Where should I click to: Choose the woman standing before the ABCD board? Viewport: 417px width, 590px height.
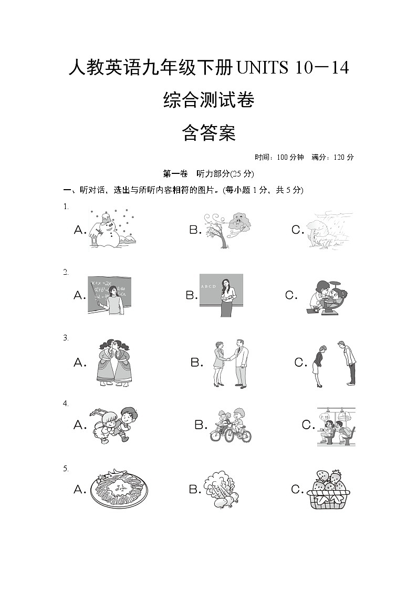221,295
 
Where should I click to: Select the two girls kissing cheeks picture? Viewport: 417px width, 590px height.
113,363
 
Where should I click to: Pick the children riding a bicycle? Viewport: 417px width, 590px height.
231,425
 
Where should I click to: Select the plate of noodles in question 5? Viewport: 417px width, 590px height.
119,489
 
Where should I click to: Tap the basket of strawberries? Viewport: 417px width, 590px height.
328,489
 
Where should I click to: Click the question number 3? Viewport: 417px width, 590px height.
66,338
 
